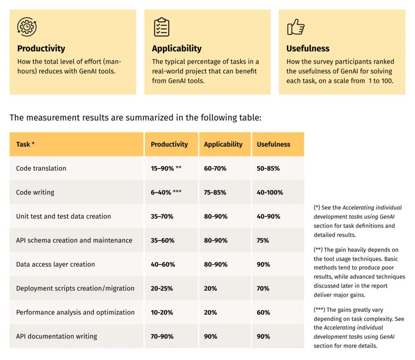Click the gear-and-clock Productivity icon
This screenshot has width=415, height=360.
coord(27,27)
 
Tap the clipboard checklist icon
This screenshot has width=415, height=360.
coord(161,27)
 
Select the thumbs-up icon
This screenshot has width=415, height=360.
coord(295,27)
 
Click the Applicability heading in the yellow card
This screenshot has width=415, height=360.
coord(176,49)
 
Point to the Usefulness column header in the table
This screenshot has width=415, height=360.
coord(273,144)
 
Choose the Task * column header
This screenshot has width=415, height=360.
coord(25,144)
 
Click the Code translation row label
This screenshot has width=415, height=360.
coord(41,168)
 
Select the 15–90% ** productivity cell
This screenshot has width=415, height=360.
coord(166,168)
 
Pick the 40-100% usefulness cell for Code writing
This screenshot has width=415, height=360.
coord(270,193)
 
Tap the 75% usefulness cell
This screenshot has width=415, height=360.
coord(263,240)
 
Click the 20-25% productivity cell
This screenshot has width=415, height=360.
coord(162,289)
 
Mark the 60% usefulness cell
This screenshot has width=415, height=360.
coord(263,313)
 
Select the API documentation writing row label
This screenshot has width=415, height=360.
coord(56,336)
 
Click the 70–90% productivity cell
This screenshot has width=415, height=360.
coord(162,336)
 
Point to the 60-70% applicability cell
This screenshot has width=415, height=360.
coord(215,168)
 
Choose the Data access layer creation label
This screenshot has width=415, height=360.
coord(56,264)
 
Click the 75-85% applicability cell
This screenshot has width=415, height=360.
coord(215,193)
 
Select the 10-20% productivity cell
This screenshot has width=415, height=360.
coord(162,313)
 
